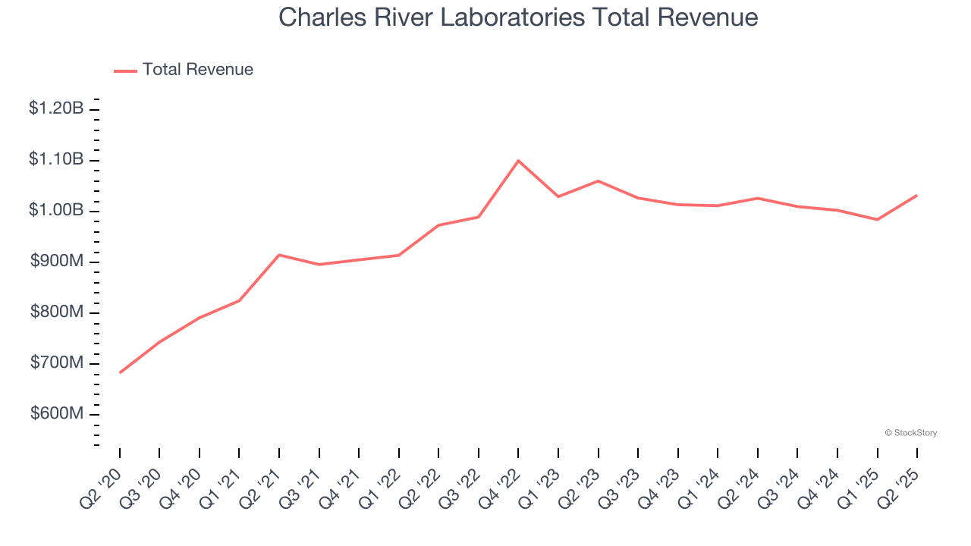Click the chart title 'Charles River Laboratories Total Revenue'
pos(518,17)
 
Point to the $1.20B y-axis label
pos(56,108)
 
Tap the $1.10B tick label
pos(56,159)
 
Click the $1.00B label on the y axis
pos(56,210)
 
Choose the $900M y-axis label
pos(57,262)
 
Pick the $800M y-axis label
pos(57,312)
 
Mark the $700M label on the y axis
pos(57,363)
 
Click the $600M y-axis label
pos(57,414)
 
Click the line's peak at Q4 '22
pos(518,160)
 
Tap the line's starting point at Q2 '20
pos(120,372)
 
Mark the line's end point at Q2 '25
pos(917,195)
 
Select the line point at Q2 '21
pos(279,255)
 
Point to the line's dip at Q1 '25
pos(877,219)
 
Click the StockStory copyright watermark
pos(911,433)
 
